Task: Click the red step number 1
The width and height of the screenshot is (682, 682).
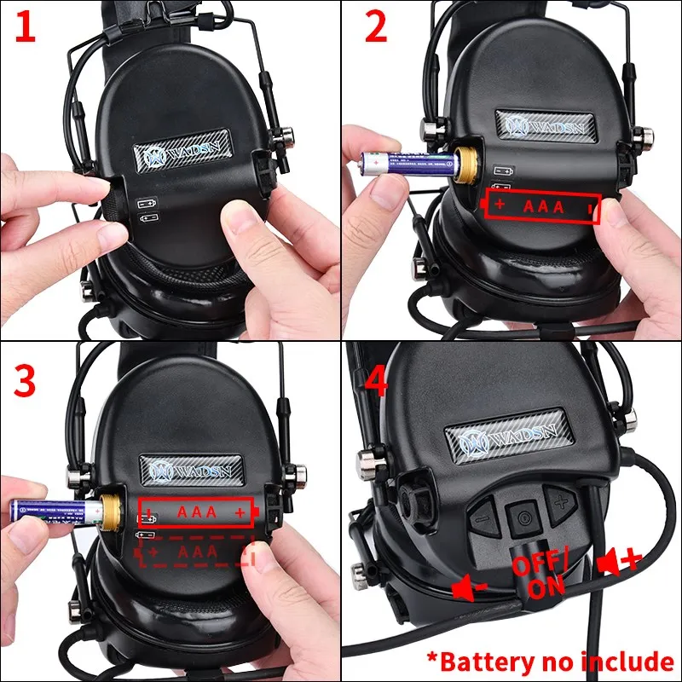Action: [26, 27]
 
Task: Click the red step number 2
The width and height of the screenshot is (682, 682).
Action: [375, 27]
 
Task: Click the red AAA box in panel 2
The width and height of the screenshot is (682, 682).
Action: [542, 207]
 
